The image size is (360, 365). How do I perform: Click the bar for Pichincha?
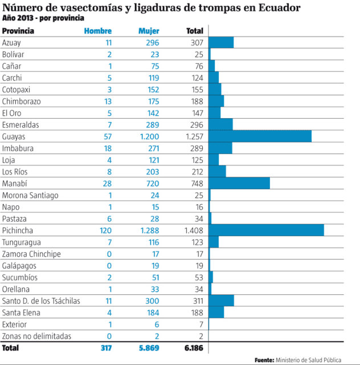pos(266,230)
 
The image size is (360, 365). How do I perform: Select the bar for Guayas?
pos(260,136)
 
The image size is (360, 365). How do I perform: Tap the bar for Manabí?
pos(239,183)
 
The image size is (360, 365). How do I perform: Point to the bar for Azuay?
pos(221,43)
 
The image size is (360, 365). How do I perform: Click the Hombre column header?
pos(98,31)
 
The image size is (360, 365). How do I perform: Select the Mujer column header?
pos(149,31)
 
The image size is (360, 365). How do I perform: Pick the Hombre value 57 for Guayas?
pos(107,137)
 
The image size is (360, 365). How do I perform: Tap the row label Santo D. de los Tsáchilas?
pos(41,301)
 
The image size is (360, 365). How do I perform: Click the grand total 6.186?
pos(194,347)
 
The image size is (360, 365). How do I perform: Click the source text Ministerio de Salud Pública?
pos(308,360)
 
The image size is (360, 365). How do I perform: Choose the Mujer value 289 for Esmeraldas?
pos(152,125)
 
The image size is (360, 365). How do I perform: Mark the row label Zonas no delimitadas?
pos(36,336)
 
